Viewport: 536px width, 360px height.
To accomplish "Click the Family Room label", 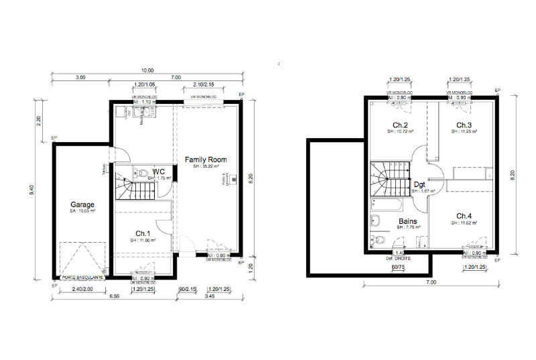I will [x=206, y=160].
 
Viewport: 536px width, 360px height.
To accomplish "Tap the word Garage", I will [x=84, y=204].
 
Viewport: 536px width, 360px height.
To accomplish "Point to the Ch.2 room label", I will [x=401, y=125].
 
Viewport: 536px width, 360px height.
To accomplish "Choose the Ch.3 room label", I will [x=464, y=125].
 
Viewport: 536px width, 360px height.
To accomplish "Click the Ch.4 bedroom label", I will [x=464, y=215].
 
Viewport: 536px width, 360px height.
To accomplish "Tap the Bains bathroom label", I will [x=409, y=221].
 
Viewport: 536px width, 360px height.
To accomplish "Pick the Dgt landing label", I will [x=420, y=184].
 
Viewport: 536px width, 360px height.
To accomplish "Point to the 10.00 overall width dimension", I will [x=147, y=70].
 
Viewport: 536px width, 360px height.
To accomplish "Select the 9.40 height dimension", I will [x=31, y=191].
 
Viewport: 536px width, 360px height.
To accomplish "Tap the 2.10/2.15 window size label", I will [x=204, y=85].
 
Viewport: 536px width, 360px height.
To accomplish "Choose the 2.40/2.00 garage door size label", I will [x=81, y=289].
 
